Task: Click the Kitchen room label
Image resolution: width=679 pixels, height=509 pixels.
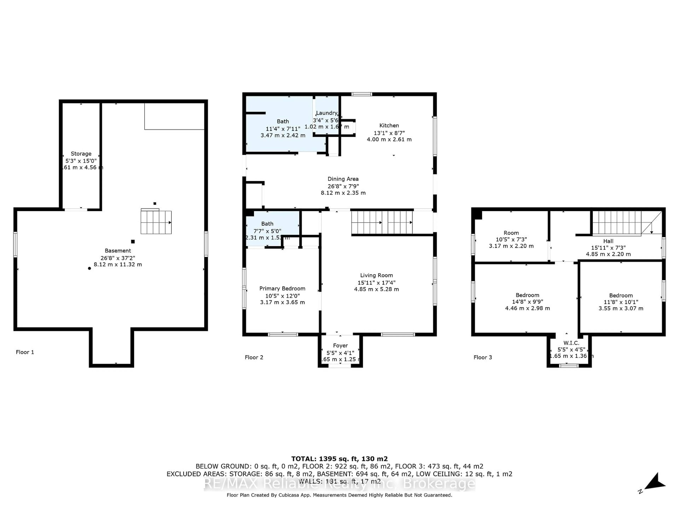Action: click(x=389, y=125)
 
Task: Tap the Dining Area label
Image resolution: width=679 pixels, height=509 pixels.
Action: click(x=343, y=179)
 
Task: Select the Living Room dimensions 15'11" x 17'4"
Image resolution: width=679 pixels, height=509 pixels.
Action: click(x=376, y=283)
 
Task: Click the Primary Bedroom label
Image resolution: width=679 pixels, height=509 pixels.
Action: click(x=282, y=288)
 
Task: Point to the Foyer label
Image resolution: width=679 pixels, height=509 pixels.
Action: click(x=340, y=346)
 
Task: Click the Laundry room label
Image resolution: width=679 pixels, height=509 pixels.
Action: click(x=327, y=113)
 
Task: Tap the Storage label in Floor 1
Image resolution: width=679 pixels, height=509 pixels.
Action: click(x=81, y=154)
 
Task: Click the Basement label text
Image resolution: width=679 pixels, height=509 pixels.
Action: click(x=118, y=251)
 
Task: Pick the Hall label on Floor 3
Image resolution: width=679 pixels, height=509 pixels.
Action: click(x=608, y=241)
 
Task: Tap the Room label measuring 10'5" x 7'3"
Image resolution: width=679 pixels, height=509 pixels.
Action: click(x=511, y=233)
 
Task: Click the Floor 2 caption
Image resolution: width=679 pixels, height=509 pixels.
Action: click(x=254, y=357)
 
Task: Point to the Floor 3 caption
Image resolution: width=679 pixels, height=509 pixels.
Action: click(x=483, y=357)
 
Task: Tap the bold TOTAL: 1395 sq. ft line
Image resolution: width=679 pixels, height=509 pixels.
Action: click(x=339, y=459)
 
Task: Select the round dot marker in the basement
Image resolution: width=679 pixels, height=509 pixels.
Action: click(x=89, y=268)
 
